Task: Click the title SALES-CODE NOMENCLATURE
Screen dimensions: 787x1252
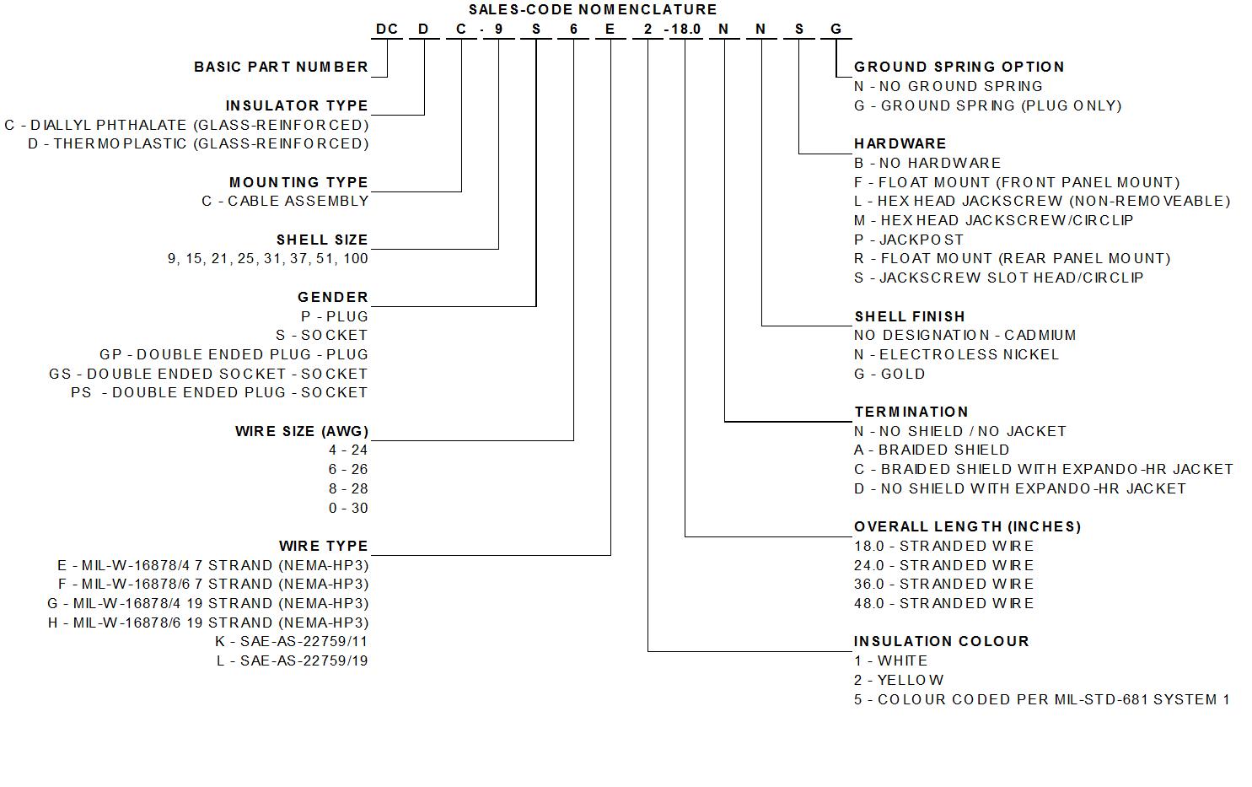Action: point(592,9)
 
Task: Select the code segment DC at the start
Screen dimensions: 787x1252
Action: point(387,30)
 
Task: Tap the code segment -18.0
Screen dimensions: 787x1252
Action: point(683,30)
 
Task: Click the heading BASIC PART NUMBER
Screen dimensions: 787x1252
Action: point(281,67)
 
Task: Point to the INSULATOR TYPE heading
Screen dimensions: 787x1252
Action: point(297,105)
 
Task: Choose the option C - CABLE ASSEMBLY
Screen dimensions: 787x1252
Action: point(285,201)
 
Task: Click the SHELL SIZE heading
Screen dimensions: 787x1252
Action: point(322,240)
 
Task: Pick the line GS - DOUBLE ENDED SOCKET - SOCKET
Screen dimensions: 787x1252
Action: point(208,374)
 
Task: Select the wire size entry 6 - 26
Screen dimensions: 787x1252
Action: point(348,469)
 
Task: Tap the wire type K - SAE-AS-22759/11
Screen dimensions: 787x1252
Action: point(292,641)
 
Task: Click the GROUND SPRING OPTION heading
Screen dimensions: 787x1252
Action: point(959,67)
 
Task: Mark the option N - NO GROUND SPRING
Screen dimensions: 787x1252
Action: point(948,86)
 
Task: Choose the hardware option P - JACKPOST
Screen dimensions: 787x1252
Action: point(908,240)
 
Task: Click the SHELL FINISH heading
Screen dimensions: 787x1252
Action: point(909,316)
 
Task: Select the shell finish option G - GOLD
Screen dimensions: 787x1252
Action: point(889,374)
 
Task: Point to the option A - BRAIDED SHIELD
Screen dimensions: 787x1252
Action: point(931,450)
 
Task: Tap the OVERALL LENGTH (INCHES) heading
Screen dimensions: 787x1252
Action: point(967,526)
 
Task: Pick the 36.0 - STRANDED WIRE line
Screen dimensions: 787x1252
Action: point(943,584)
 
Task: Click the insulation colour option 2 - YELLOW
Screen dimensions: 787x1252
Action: point(898,680)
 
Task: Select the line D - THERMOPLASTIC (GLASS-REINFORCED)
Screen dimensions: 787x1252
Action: point(198,143)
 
